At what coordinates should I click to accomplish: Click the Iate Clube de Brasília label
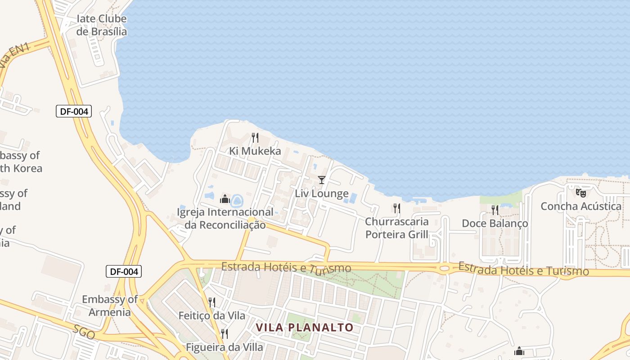click(101, 25)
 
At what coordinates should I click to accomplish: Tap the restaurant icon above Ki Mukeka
click(255, 137)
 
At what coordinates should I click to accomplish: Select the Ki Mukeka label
click(255, 151)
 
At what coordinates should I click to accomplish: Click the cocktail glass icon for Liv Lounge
click(321, 180)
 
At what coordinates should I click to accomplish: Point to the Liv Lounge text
click(322, 194)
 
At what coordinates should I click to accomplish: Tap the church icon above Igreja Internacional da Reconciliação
click(225, 198)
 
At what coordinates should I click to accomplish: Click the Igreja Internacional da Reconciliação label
click(225, 218)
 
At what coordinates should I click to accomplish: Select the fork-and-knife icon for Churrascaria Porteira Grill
click(397, 208)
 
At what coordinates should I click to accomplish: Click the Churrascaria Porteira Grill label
click(397, 228)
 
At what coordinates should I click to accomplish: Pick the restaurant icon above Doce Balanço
click(495, 210)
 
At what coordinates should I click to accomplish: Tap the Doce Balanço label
click(495, 224)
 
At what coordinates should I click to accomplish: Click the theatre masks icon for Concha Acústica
click(581, 193)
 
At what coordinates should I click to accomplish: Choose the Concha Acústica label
click(581, 207)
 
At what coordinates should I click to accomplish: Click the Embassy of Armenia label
click(110, 306)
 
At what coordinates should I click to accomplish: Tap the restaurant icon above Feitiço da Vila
click(212, 302)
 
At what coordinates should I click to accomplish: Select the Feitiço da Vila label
click(212, 316)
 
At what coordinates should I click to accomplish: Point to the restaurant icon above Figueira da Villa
click(224, 333)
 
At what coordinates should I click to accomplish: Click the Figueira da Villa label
click(225, 347)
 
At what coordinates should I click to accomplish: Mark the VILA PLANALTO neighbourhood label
click(305, 328)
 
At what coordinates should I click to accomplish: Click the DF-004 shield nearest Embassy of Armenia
click(123, 271)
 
